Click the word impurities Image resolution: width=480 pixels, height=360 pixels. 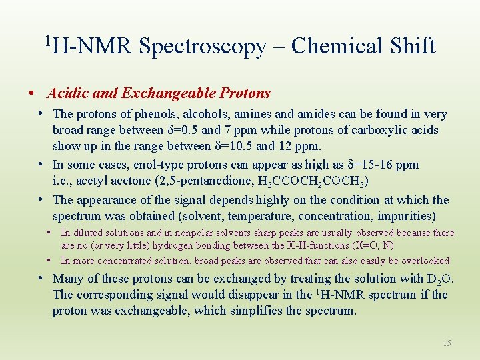pos(403,215)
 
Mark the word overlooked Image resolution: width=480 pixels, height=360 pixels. pos(423,261)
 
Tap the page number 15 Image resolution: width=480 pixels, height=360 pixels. pos(447,343)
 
